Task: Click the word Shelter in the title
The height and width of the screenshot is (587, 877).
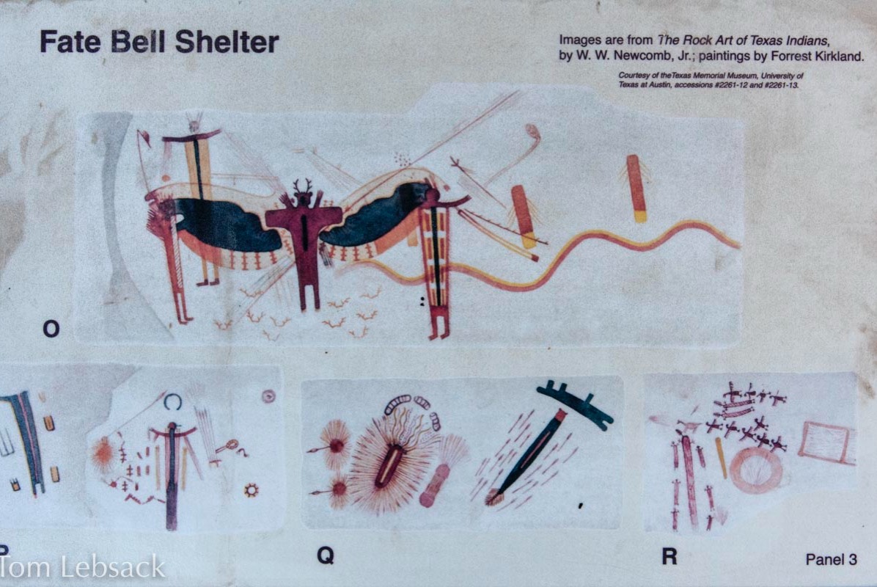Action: tap(227, 43)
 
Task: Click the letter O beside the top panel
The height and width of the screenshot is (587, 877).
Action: tap(51, 329)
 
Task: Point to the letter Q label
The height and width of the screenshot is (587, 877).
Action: tap(326, 555)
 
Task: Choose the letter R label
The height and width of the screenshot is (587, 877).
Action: tap(669, 556)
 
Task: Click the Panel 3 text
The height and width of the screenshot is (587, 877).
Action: tap(831, 559)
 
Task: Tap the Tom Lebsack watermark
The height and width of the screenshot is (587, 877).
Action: tap(83, 567)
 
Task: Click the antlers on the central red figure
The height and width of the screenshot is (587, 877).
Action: tap(302, 185)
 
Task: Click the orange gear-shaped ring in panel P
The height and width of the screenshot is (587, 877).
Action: tap(251, 490)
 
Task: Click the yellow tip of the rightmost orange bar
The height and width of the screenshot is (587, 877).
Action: tap(640, 216)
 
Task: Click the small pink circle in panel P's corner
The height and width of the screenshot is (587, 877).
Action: tap(268, 396)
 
